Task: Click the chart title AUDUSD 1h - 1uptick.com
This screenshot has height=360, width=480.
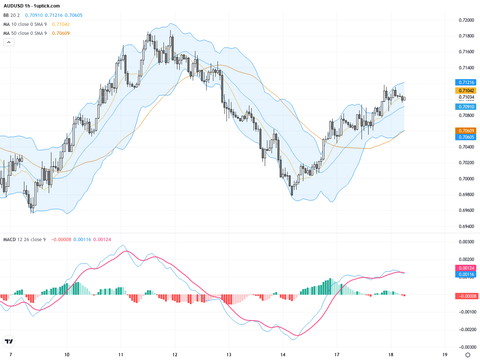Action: (32, 6)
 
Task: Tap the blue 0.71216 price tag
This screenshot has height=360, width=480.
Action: (466, 82)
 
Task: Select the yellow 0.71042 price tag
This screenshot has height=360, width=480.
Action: (466, 90)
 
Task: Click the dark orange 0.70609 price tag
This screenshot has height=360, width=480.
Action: (466, 131)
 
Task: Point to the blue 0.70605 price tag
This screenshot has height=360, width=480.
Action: (466, 137)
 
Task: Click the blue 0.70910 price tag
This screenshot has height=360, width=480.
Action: (466, 106)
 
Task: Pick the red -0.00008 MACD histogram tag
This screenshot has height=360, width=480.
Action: (466, 296)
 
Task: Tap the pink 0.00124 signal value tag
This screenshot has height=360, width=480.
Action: (466, 268)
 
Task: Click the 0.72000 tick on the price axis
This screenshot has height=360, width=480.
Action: (466, 20)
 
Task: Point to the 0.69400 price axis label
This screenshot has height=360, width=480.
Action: (466, 226)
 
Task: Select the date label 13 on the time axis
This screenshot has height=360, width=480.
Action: (229, 354)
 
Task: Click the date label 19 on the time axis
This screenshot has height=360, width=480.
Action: (445, 354)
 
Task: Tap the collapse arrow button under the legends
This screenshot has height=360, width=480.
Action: (9, 42)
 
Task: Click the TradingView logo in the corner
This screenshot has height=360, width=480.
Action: (9, 341)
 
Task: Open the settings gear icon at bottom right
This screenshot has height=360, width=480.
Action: (468, 355)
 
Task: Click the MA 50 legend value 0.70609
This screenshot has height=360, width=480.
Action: (61, 33)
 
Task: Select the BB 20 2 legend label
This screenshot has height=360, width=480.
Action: (11, 15)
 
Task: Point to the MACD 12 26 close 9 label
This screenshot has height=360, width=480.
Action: (24, 240)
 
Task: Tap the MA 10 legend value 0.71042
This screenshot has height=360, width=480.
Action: (61, 24)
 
